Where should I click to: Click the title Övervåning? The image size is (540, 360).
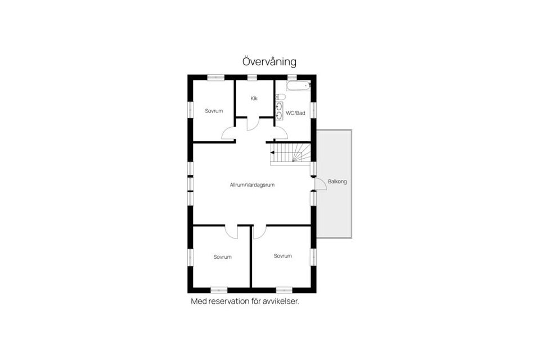point(269,62)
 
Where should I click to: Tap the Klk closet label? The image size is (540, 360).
point(254,98)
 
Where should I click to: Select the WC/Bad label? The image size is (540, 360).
point(295,113)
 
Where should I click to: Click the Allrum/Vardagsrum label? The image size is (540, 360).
point(252,185)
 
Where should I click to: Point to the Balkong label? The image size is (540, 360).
point(337,182)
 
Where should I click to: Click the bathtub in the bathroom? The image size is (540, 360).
point(298,85)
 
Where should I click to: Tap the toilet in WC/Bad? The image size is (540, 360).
point(281,97)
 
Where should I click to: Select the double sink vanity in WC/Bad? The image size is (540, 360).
point(280,111)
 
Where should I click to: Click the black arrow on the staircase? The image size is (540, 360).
point(272,152)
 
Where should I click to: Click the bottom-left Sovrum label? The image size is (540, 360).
point(223,257)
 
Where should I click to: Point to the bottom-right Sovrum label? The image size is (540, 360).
point(283,256)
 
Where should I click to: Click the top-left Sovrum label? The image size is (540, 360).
point(214,111)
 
